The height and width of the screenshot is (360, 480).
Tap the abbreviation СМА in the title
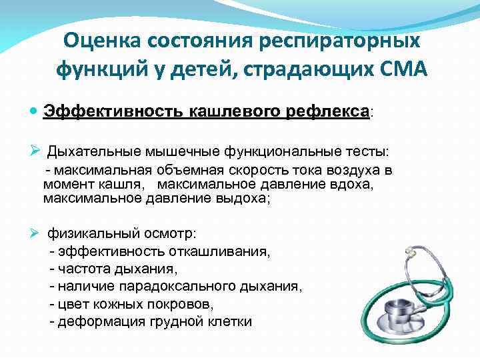point(392,69)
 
